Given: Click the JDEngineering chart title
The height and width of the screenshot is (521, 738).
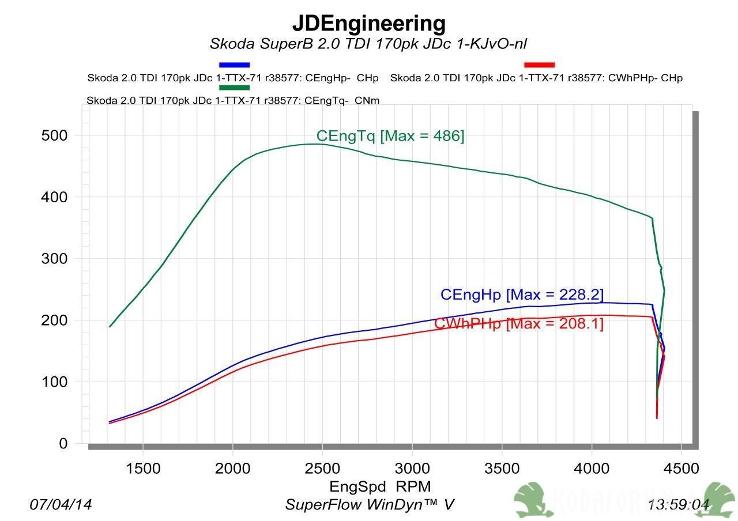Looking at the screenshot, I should tap(368, 24).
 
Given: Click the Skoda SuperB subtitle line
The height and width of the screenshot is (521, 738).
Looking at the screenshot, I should tap(368, 44).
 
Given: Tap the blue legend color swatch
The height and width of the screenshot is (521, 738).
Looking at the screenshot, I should tap(234, 65).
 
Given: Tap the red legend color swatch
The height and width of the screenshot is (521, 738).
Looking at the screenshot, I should tap(539, 65).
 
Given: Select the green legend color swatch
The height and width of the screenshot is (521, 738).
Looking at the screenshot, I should tap(234, 88).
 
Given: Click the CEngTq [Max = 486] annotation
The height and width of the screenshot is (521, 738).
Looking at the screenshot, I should tap(390, 136).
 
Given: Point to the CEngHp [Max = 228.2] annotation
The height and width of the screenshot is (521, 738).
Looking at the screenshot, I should tap(522, 295).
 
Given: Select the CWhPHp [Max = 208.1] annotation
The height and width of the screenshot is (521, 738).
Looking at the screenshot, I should tap(519, 324).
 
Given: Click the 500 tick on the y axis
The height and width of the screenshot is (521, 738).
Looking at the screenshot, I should tap(54, 135).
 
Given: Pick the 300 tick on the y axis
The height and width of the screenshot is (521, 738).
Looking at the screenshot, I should tap(54, 259).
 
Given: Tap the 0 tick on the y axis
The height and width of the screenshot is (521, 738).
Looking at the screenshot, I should tap(62, 444).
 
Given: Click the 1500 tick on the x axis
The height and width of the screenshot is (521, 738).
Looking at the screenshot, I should tap(142, 468).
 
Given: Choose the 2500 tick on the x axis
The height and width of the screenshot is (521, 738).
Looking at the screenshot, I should tap(322, 468).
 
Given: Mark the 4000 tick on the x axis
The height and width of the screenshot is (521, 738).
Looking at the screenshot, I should tap(592, 468).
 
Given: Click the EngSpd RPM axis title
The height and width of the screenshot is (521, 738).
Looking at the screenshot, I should tap(380, 486).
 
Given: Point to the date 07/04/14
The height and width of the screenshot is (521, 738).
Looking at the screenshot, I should tap(61, 505).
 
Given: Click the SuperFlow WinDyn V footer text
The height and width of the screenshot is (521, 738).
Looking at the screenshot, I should tap(369, 505).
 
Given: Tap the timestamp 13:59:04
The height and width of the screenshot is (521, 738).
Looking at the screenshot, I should tap(678, 505).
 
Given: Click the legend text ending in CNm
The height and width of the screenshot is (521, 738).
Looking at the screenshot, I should tap(233, 100).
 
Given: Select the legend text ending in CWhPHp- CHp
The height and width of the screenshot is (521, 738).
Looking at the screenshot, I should tap(536, 78).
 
